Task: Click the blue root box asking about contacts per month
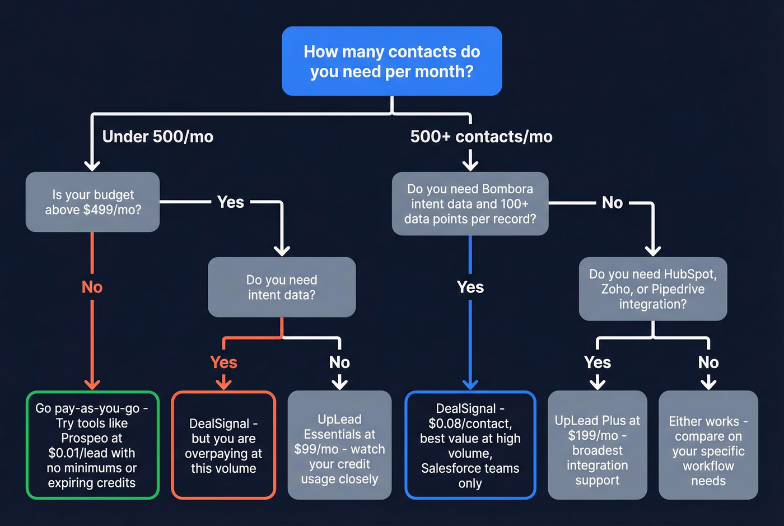click(391, 61)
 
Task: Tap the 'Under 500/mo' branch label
click(157, 137)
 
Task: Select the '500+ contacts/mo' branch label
click(481, 137)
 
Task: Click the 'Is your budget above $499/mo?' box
click(93, 202)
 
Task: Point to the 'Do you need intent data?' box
click(282, 287)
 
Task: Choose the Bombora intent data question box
click(470, 204)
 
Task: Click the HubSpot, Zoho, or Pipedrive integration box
click(653, 289)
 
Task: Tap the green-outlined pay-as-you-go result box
click(92, 445)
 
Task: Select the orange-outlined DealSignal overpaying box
click(223, 445)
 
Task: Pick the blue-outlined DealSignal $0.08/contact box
click(470, 445)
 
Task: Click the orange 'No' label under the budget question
click(92, 287)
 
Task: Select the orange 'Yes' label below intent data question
click(223, 362)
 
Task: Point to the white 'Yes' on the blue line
click(470, 287)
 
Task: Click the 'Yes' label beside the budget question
click(230, 202)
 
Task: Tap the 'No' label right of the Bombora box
click(612, 203)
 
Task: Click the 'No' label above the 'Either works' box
click(708, 362)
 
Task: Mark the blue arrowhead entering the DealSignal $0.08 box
click(470, 384)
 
